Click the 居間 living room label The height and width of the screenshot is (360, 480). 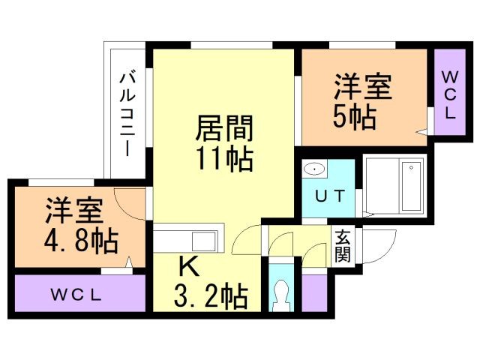(224, 127)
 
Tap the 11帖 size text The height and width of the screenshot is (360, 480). (224, 159)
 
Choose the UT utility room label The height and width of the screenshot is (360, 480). (329, 197)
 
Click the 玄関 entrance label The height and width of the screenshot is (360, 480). (343, 244)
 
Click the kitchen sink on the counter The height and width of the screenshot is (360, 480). (203, 241)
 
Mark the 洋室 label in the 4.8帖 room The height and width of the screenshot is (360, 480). (72, 211)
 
